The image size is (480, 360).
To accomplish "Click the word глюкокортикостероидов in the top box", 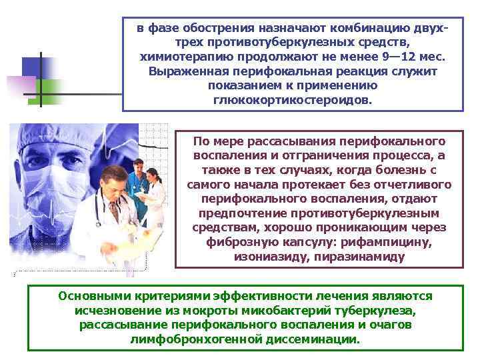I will [294, 99].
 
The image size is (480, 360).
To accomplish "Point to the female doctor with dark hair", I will [155, 187].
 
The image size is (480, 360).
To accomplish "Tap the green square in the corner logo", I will [55, 92].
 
